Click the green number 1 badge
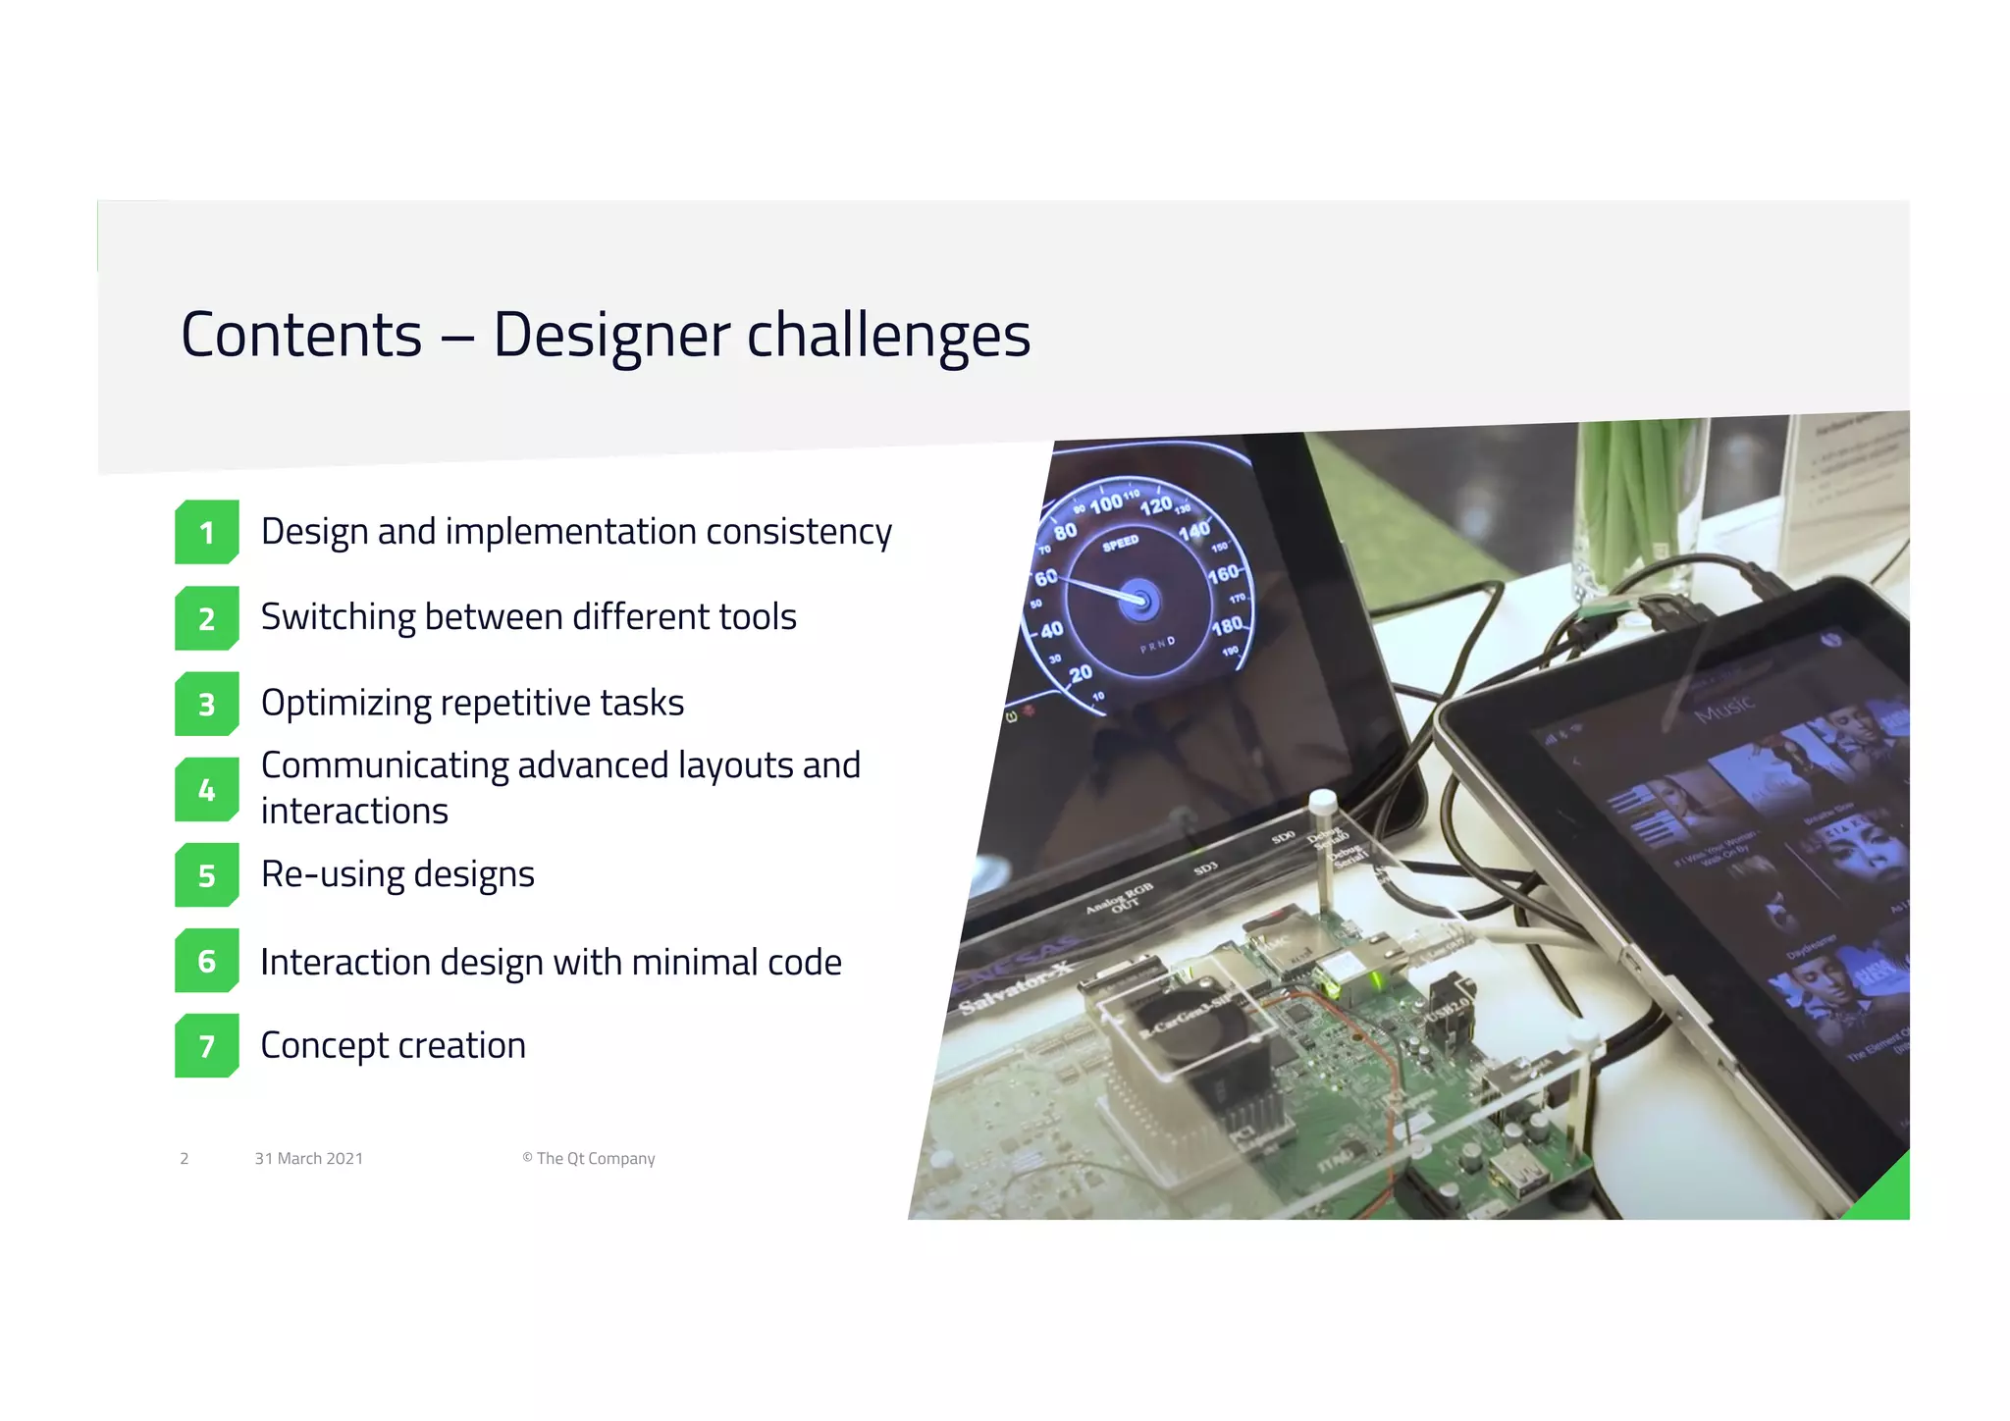[x=206, y=532]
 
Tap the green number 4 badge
[x=206, y=789]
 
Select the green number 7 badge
[x=206, y=1046]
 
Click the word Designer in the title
[x=610, y=336]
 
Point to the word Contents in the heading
[x=301, y=336]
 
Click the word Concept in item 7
[x=323, y=1046]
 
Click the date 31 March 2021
[x=308, y=1159]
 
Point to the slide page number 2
[x=185, y=1159]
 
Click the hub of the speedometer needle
[x=1139, y=599]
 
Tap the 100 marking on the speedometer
[x=1106, y=503]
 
